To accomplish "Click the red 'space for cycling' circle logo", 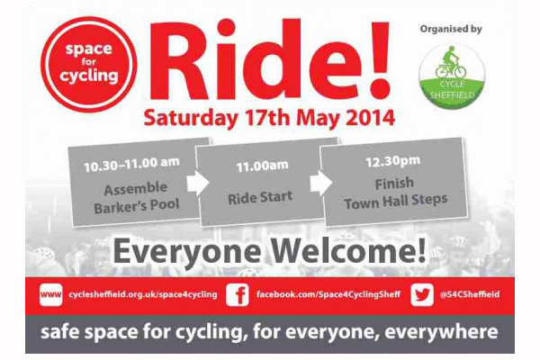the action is click(x=89, y=65).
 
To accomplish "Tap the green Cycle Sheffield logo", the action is click(x=452, y=76).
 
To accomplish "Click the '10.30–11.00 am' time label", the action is click(x=131, y=165).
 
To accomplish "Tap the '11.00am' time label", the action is click(x=262, y=166).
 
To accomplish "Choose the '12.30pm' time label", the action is click(x=393, y=161).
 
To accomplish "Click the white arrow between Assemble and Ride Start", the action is click(x=198, y=183).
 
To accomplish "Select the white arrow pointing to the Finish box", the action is click(x=321, y=183).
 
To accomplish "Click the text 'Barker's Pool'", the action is click(x=137, y=206).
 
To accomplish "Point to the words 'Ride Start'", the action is click(x=260, y=197).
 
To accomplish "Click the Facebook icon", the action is click(x=238, y=294).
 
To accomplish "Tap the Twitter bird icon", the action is click(x=422, y=294).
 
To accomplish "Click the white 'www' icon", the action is click(x=51, y=294).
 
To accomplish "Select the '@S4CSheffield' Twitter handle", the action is click(x=470, y=294).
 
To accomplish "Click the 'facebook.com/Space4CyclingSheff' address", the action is click(x=328, y=295).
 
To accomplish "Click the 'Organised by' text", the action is click(x=451, y=29).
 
